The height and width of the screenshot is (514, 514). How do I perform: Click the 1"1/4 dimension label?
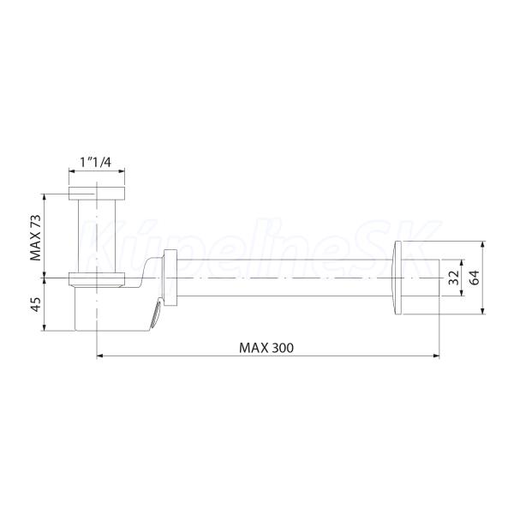[x=96, y=162]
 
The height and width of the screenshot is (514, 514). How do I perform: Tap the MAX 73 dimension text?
[x=36, y=237]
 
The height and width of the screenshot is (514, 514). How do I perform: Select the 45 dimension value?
[x=36, y=304]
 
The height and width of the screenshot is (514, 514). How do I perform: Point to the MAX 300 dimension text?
[x=266, y=348]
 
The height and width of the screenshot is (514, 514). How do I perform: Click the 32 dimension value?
[x=454, y=278]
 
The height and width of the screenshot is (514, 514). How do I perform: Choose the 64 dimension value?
[x=474, y=278]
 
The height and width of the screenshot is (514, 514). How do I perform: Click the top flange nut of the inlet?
[x=97, y=194]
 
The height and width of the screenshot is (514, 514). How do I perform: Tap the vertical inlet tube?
[x=97, y=236]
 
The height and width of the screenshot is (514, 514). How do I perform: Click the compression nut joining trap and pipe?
[x=170, y=278]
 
